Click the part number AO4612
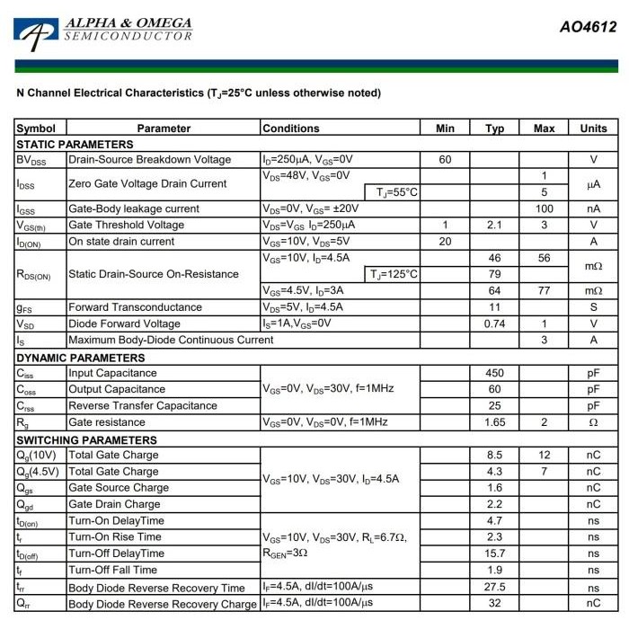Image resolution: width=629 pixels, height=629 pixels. coord(588,27)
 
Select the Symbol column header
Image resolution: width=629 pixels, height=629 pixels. coord(36,128)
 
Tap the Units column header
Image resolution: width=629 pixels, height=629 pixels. coord(593,128)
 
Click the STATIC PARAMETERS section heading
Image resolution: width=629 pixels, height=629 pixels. coord(75,145)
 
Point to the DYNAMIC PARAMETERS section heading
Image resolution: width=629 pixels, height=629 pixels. coord(81,358)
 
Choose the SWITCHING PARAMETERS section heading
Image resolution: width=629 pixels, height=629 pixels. coord(86,440)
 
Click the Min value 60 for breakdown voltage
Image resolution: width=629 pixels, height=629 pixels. coord(445,160)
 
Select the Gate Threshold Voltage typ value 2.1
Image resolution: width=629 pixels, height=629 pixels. coord(494,225)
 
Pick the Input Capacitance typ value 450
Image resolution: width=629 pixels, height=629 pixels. coord(494,373)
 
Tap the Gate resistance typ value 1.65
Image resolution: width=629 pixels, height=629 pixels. coord(494,422)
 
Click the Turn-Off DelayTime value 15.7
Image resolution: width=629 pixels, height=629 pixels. coord(494,554)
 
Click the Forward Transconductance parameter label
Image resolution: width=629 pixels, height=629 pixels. coord(136,307)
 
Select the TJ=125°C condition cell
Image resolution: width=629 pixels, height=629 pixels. coord(394,274)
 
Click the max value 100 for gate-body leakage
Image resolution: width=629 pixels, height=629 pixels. coord(544,208)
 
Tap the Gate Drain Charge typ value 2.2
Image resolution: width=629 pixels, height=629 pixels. coord(494,504)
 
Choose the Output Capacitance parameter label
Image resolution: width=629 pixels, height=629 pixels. coord(117,390)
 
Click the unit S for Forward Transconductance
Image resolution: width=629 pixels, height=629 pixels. coord(593,307)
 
